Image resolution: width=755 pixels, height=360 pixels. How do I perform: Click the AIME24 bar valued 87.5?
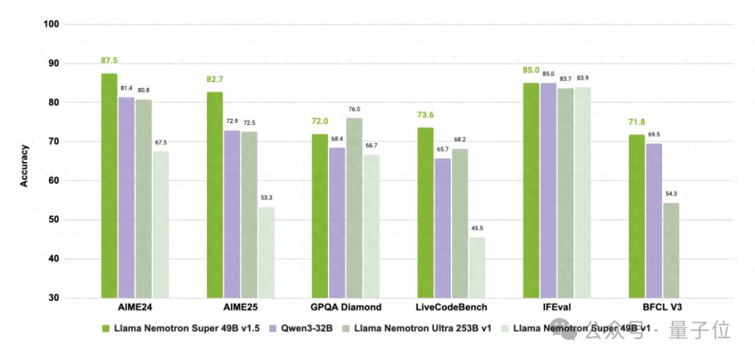coord(109,185)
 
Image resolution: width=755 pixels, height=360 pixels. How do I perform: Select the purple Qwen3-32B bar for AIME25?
coord(231,214)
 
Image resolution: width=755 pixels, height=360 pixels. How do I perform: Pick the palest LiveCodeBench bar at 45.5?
coord(477,267)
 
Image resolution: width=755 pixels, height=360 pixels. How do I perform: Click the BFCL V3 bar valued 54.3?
coord(670,250)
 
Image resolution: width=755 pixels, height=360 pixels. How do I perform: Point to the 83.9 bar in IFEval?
coord(582,192)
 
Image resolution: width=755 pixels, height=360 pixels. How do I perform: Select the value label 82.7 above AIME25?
coord(215,80)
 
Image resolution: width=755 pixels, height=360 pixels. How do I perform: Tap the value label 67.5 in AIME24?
coord(160,143)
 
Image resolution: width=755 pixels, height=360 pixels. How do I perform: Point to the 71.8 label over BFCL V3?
coord(635,122)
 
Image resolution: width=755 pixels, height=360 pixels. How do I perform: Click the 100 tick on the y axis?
coord(52,24)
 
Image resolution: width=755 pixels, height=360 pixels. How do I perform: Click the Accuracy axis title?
coord(24,165)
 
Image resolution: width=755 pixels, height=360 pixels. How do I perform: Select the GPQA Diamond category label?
coord(346,308)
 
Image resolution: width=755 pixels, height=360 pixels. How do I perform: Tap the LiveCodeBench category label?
coord(452,308)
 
